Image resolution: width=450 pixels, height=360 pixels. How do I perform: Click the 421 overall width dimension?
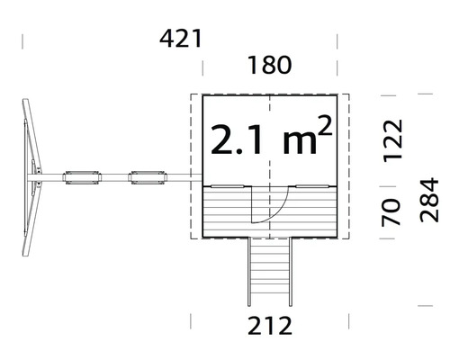point(181,39)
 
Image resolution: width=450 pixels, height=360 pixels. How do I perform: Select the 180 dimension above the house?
point(269,66)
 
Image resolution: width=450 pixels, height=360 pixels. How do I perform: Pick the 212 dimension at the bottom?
point(269,327)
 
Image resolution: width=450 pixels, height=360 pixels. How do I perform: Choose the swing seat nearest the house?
point(146,177)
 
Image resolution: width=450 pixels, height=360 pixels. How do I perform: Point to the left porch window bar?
point(226,185)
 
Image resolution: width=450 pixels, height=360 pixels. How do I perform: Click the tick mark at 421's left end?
point(22,41)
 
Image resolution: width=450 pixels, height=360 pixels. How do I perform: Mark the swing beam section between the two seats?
point(113,177)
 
